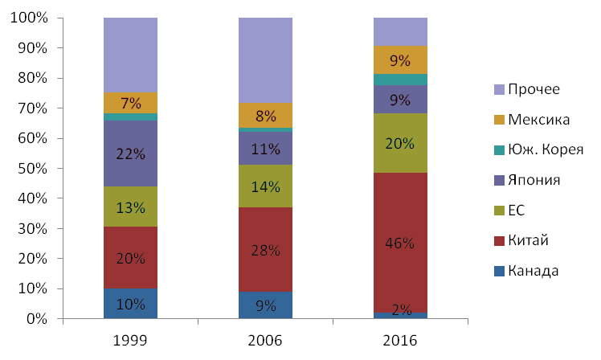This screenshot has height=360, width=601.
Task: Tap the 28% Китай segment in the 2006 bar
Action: tap(265, 249)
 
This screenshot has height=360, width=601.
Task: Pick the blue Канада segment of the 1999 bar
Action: tap(130, 305)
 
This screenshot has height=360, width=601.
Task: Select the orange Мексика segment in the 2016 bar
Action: tap(400, 59)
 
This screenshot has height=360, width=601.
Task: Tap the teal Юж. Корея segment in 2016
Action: tap(400, 79)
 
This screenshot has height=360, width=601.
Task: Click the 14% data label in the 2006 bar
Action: tap(265, 187)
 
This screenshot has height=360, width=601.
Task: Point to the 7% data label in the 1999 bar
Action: tap(130, 103)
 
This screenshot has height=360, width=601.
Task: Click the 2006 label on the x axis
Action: tap(265, 341)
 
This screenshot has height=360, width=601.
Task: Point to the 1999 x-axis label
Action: tap(130, 341)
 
